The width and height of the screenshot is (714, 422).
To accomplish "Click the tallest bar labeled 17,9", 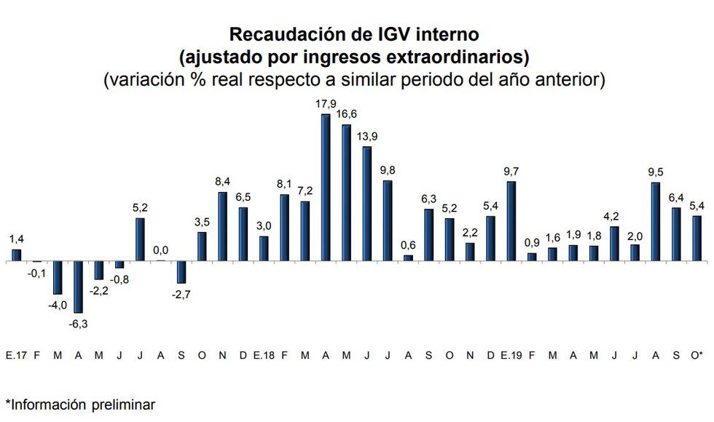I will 326,187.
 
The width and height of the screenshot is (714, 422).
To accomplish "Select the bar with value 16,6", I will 347,192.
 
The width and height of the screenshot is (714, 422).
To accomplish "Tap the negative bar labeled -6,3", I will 78,287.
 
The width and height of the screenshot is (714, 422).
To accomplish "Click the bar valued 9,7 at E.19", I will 511,220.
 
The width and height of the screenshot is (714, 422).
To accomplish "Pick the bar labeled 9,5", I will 656,221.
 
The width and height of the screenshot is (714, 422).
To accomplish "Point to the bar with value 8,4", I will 223,226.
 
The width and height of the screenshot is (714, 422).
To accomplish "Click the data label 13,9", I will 366,137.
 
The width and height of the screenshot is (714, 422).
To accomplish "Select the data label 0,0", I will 161,251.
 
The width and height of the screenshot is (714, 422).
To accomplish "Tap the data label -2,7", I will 181,293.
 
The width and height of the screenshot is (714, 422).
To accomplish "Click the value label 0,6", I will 408,245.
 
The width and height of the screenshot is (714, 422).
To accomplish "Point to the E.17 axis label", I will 15,355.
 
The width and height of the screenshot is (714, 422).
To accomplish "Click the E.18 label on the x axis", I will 263,355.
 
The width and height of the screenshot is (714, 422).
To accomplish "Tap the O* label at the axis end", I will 697,355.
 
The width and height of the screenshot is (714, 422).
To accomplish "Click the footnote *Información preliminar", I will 80,404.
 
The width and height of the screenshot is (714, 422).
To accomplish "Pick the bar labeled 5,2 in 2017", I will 140,239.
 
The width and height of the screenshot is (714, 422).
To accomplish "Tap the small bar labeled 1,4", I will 16,255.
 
